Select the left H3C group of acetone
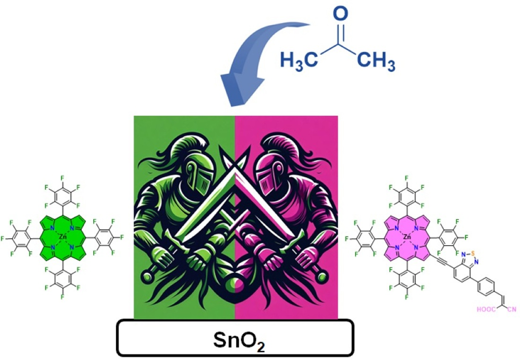298,61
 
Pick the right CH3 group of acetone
376,61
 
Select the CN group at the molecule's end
511,310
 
